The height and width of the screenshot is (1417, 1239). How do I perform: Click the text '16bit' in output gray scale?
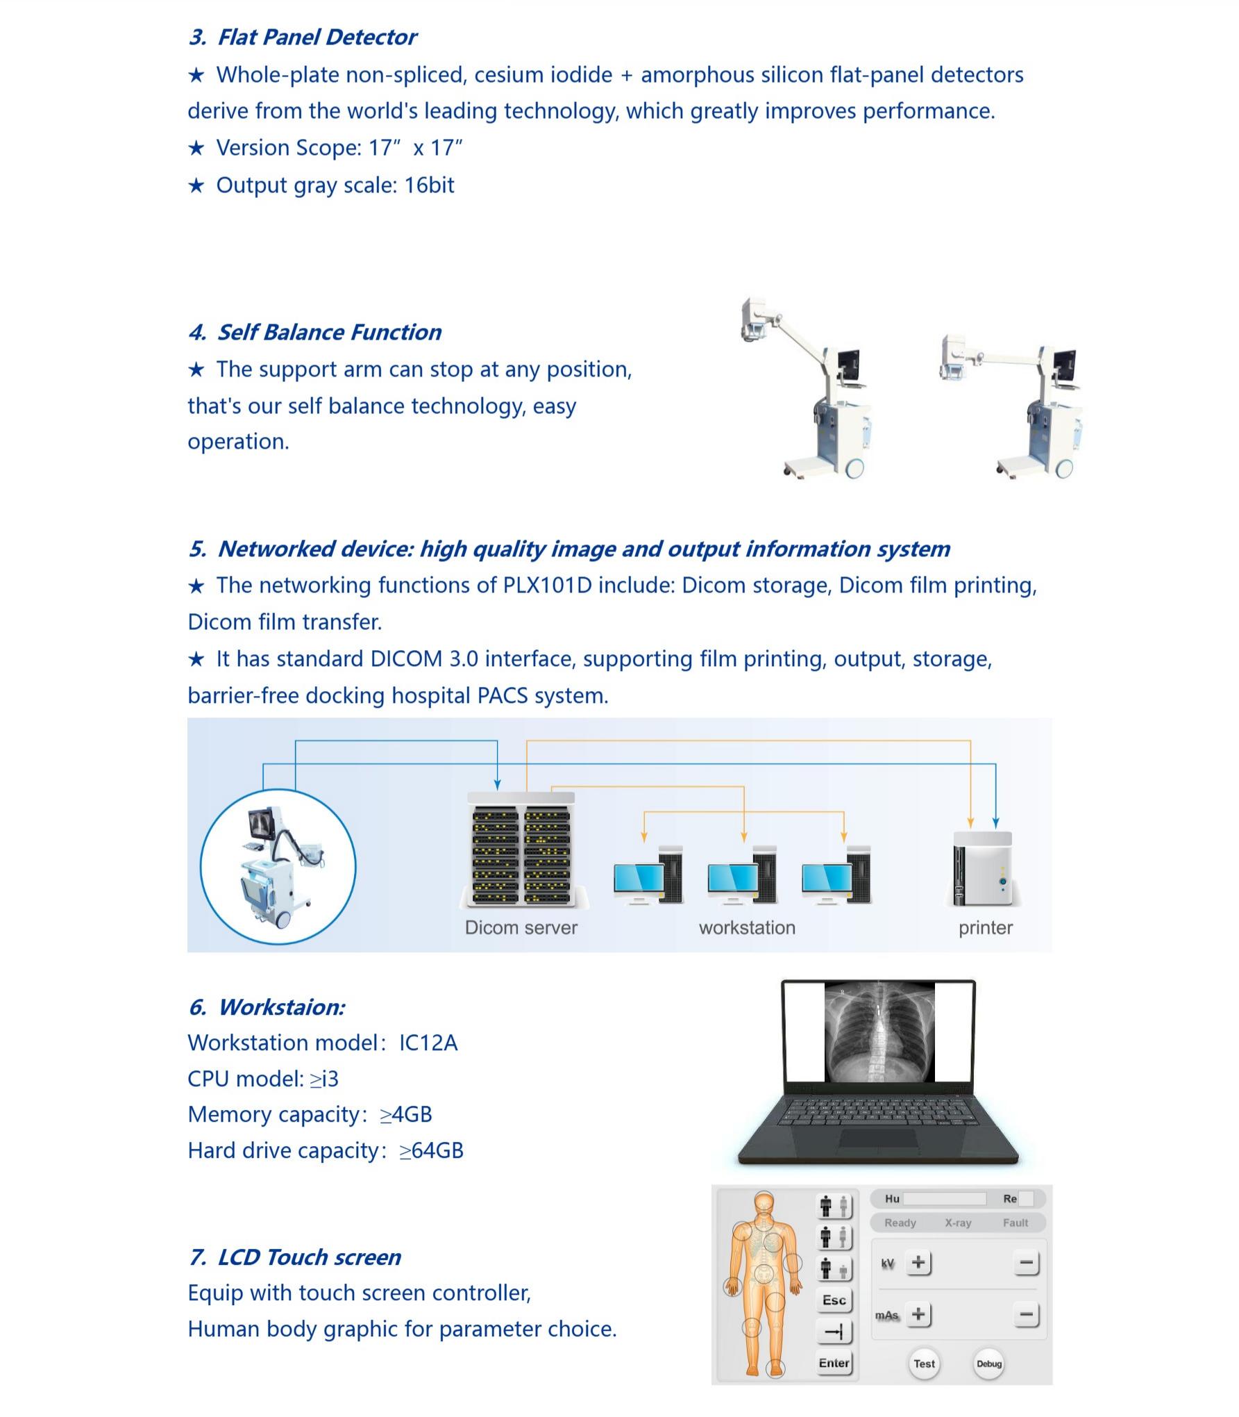[429, 185]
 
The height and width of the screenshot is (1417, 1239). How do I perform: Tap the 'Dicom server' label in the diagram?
[521, 927]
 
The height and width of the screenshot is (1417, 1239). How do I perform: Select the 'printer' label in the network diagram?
[985, 927]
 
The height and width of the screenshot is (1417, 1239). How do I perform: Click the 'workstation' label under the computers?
[747, 927]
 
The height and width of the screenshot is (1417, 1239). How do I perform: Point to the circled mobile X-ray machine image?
[278, 866]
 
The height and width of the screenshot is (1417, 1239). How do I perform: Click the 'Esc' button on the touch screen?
[834, 1300]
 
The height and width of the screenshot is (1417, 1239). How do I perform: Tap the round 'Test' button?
[924, 1363]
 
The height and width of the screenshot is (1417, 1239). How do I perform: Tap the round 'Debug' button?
[988, 1363]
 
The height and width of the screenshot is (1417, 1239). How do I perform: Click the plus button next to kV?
[918, 1262]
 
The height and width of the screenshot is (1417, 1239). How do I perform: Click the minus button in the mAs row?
[1026, 1314]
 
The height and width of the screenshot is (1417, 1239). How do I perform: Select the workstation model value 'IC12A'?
[428, 1043]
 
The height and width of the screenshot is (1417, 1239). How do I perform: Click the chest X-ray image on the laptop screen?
[879, 1031]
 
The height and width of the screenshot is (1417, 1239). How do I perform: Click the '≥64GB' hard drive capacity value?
[431, 1150]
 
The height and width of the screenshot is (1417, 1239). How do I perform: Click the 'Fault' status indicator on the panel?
[1015, 1223]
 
